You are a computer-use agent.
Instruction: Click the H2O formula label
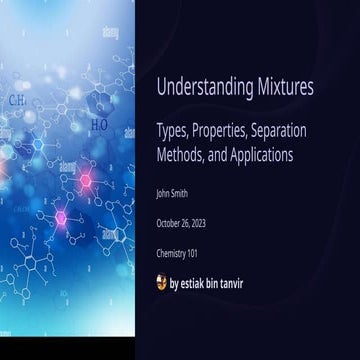coord(99,125)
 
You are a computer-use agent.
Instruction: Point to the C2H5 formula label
coord(18,101)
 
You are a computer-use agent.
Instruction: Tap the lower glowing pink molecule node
coord(61,217)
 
